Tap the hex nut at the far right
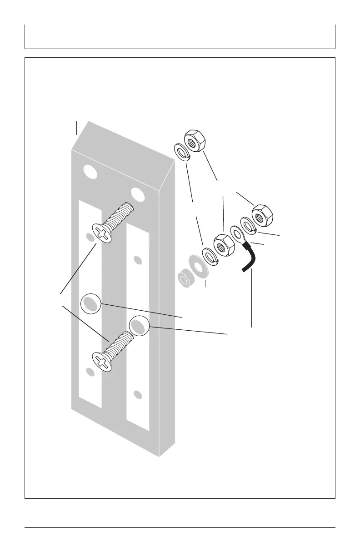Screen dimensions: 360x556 tap(262, 215)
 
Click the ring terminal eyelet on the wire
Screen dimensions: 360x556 tap(237, 233)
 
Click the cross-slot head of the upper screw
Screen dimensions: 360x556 tap(103, 235)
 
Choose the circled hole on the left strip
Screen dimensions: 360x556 tap(90, 303)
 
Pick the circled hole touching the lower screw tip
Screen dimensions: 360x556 tap(139, 326)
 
